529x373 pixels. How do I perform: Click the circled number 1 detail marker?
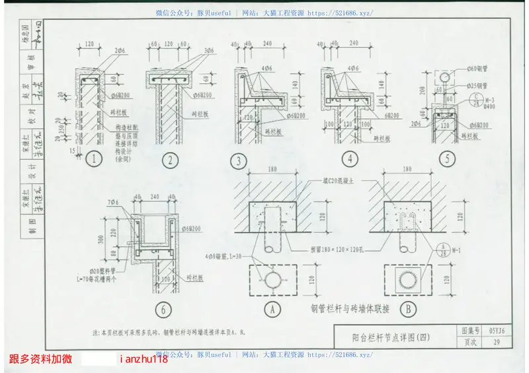pos(96,158)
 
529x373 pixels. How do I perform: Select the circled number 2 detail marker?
pos(171,158)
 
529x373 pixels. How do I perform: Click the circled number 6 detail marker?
pos(161,308)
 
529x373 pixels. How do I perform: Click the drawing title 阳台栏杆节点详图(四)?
pos(391,337)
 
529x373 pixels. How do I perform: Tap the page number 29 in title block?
pos(496,342)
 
